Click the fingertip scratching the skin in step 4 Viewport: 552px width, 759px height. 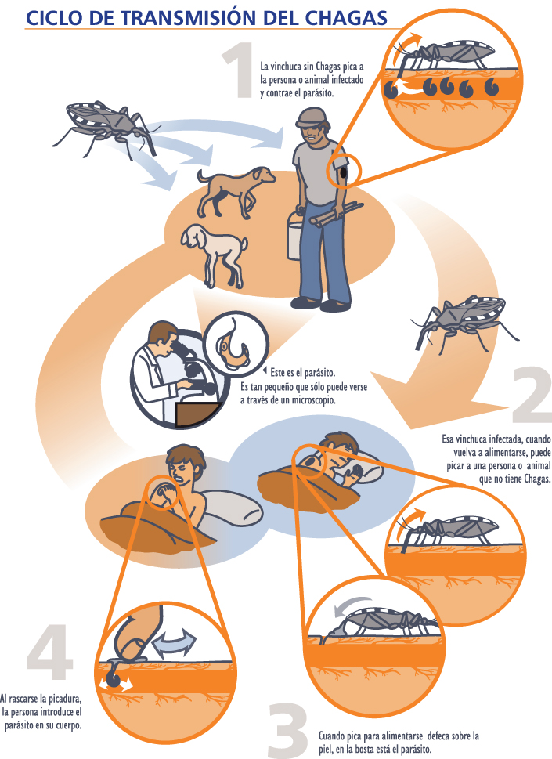[131, 645]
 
